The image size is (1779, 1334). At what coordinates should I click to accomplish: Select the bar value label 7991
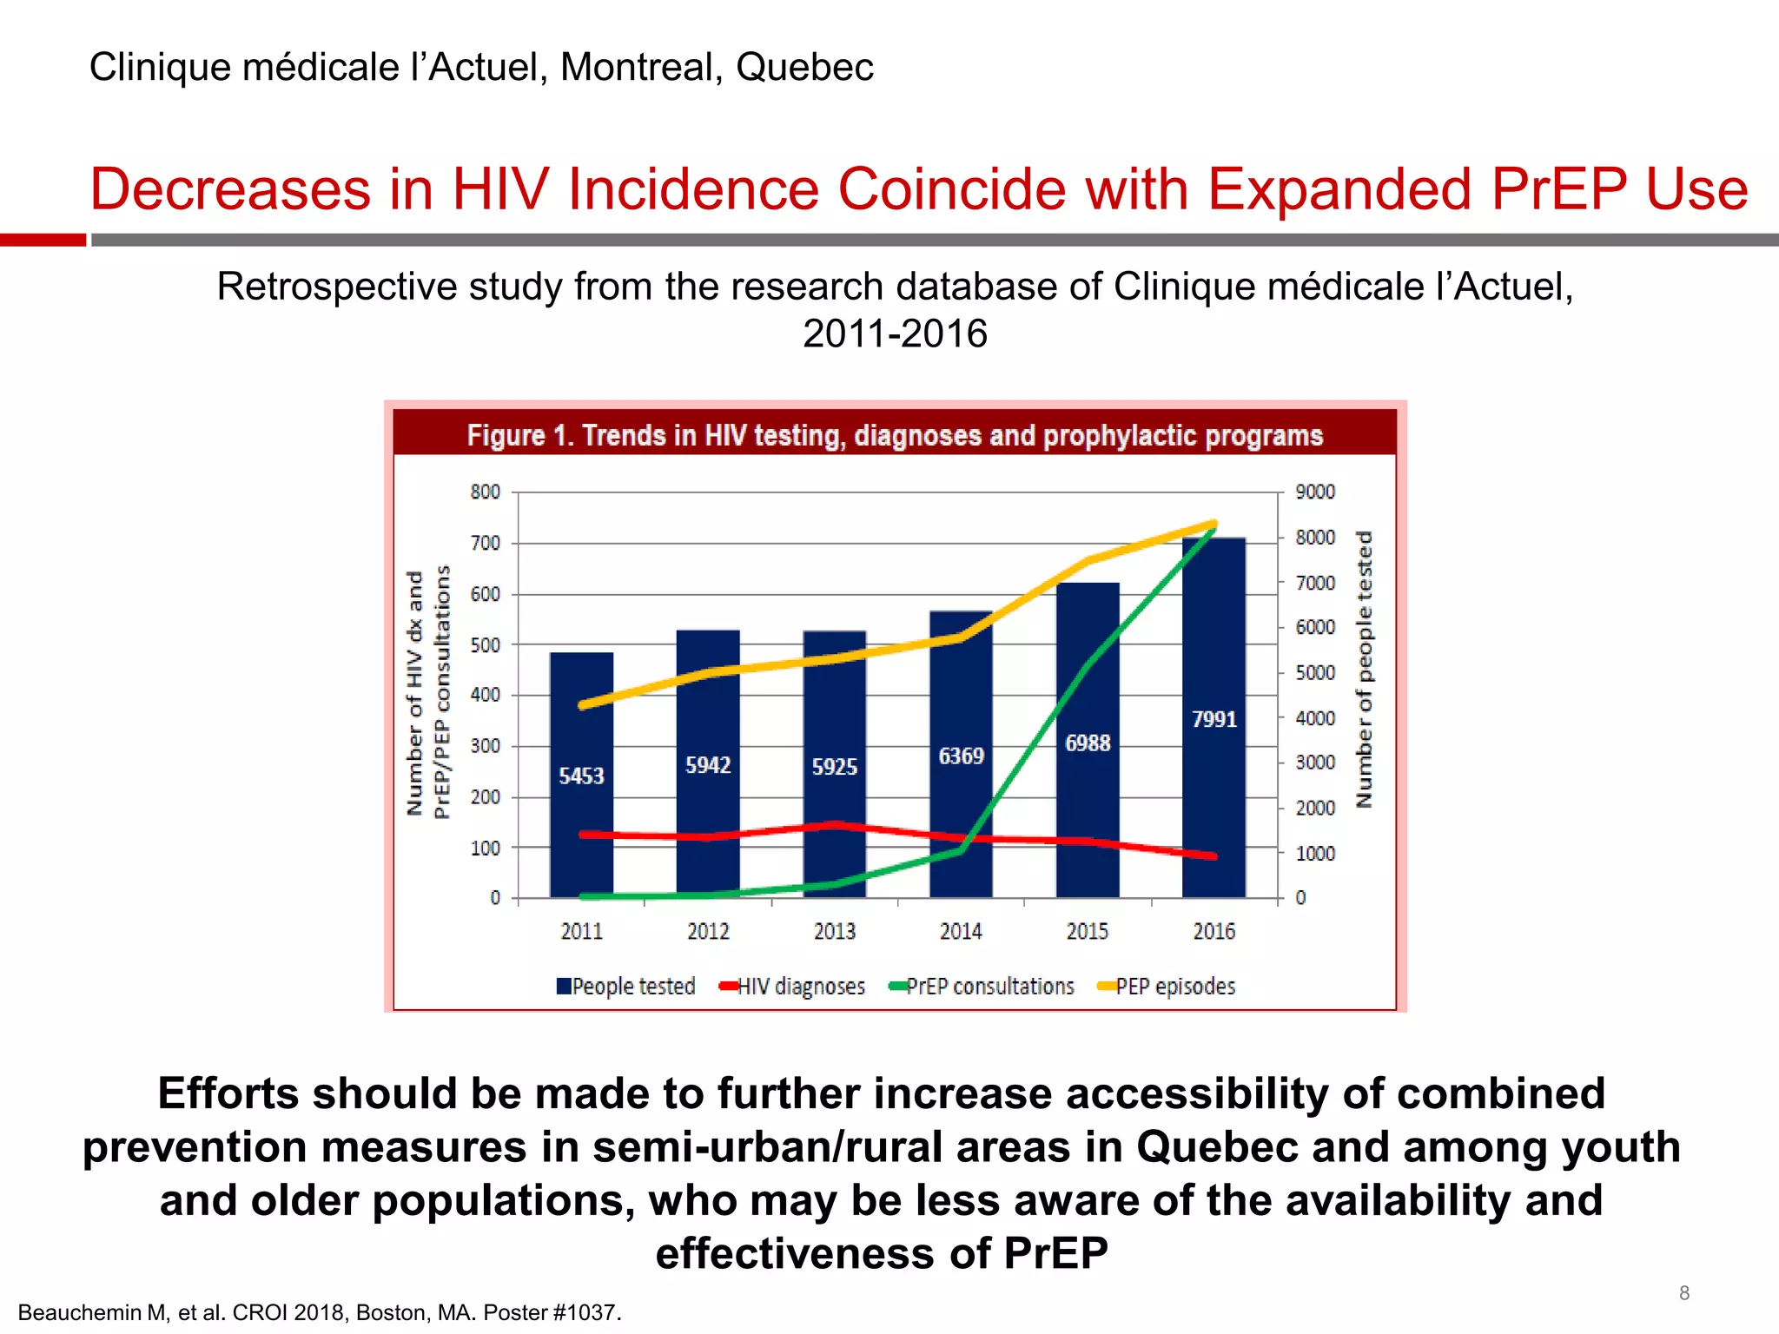click(1214, 719)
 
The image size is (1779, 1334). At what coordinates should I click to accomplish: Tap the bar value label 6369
click(961, 756)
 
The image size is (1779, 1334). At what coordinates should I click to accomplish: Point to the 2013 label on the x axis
click(834, 932)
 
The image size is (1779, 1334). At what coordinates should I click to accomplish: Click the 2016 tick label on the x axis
click(1214, 932)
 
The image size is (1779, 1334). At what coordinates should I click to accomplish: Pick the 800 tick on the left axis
click(486, 492)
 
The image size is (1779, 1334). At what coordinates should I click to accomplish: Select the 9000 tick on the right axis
click(1315, 492)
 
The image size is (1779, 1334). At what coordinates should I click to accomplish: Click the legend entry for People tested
click(626, 987)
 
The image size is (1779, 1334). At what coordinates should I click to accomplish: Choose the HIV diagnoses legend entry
click(792, 987)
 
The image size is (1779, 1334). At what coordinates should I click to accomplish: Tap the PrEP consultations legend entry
click(982, 987)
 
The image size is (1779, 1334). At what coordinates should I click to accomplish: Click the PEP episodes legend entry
click(1167, 987)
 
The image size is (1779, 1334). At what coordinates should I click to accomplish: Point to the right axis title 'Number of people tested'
click(1365, 669)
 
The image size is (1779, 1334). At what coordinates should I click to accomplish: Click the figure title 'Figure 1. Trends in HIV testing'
click(895, 435)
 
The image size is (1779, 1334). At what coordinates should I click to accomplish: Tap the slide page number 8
click(1684, 1293)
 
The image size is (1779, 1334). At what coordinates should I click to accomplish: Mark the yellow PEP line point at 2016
click(1214, 524)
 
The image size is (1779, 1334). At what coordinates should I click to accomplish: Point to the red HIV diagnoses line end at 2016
click(1214, 856)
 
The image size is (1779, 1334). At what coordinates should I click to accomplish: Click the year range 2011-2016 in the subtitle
click(895, 334)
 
